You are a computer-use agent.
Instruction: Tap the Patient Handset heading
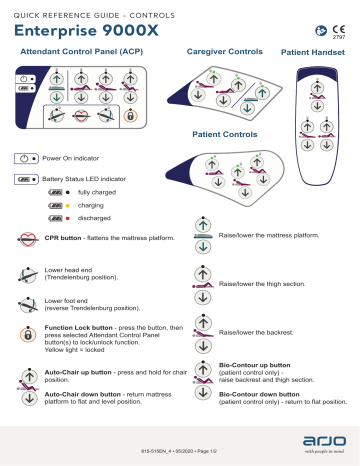314,50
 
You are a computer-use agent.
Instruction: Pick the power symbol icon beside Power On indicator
26,159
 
